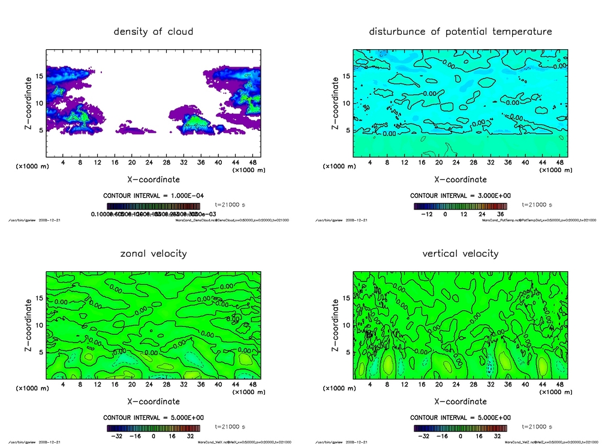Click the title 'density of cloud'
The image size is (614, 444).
click(153, 31)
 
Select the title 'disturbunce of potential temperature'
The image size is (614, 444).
click(460, 31)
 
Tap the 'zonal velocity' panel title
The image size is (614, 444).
click(153, 253)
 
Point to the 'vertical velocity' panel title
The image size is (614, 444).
click(460, 253)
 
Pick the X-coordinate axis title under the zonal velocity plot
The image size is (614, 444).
click(153, 401)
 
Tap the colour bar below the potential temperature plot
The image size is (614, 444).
click(460, 205)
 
